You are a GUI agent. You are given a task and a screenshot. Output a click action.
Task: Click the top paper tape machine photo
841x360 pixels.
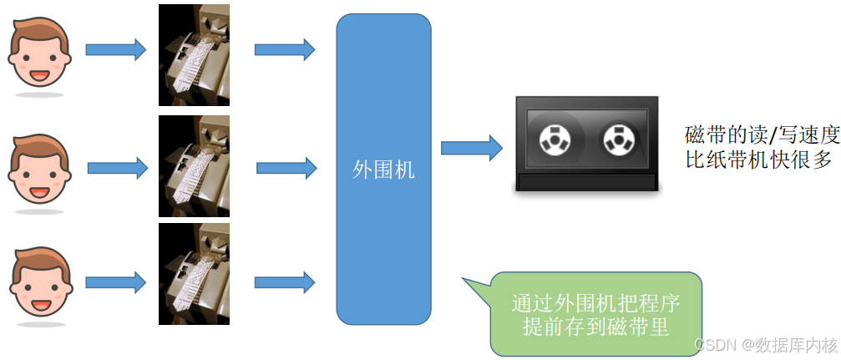[x=194, y=54]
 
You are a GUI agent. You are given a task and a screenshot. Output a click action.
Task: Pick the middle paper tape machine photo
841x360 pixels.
[x=194, y=166]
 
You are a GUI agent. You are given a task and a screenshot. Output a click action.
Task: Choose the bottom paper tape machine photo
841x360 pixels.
[x=194, y=273]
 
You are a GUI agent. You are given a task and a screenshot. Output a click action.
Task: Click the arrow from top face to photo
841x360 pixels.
[x=115, y=50]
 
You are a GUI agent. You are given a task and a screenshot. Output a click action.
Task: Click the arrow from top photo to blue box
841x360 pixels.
[x=284, y=50]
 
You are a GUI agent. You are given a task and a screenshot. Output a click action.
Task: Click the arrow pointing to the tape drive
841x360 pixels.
[x=471, y=149]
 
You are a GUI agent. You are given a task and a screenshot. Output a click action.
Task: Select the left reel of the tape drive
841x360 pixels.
[x=554, y=139]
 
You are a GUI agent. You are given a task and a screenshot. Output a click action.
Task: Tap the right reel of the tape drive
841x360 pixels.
[x=619, y=139]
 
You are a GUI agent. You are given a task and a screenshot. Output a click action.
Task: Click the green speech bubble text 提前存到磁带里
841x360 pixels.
[x=595, y=327]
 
